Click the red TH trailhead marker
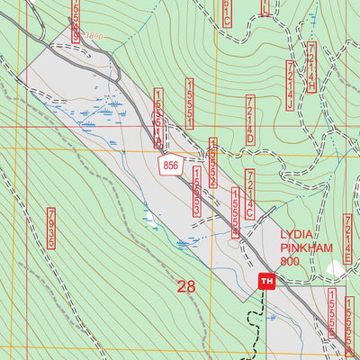pyautogui.click(x=265, y=282)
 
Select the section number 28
pyautogui.click(x=186, y=287)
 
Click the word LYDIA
pyautogui.click(x=297, y=229)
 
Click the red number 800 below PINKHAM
pyautogui.click(x=289, y=261)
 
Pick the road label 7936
pyautogui.click(x=51, y=229)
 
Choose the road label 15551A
pyautogui.click(x=159, y=118)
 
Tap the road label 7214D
pyautogui.click(x=250, y=121)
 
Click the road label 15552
pyautogui.click(x=213, y=162)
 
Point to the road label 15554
pyautogui.click(x=236, y=212)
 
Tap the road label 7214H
pyautogui.click(x=311, y=67)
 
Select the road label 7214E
pyautogui.click(x=348, y=236)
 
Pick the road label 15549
pyautogui.click(x=75, y=22)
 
